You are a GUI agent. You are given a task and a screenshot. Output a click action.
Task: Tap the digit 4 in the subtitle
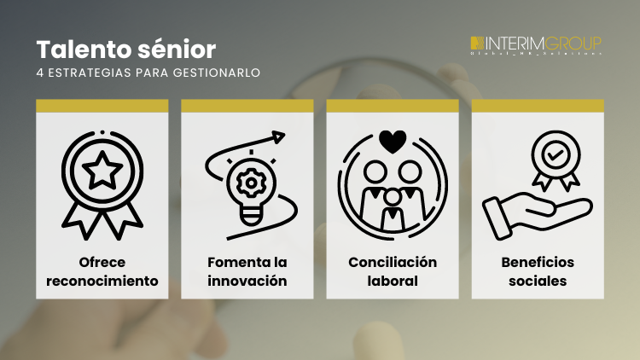pos(40,73)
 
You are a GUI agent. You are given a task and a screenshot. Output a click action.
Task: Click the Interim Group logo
pos(536,44)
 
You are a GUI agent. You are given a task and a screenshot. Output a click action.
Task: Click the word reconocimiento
pos(102,281)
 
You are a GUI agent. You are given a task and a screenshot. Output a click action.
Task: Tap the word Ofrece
pos(102,262)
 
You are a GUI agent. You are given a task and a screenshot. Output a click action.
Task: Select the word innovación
pos(247,281)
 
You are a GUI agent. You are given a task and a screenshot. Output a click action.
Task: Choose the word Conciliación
pos(393,262)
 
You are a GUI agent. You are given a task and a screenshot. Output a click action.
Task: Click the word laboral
pos(393,281)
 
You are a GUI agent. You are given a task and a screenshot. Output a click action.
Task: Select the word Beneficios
pos(538,262)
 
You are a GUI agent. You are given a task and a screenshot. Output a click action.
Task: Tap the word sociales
pos(538,281)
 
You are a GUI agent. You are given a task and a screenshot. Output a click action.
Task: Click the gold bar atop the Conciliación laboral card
pos(393,106)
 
